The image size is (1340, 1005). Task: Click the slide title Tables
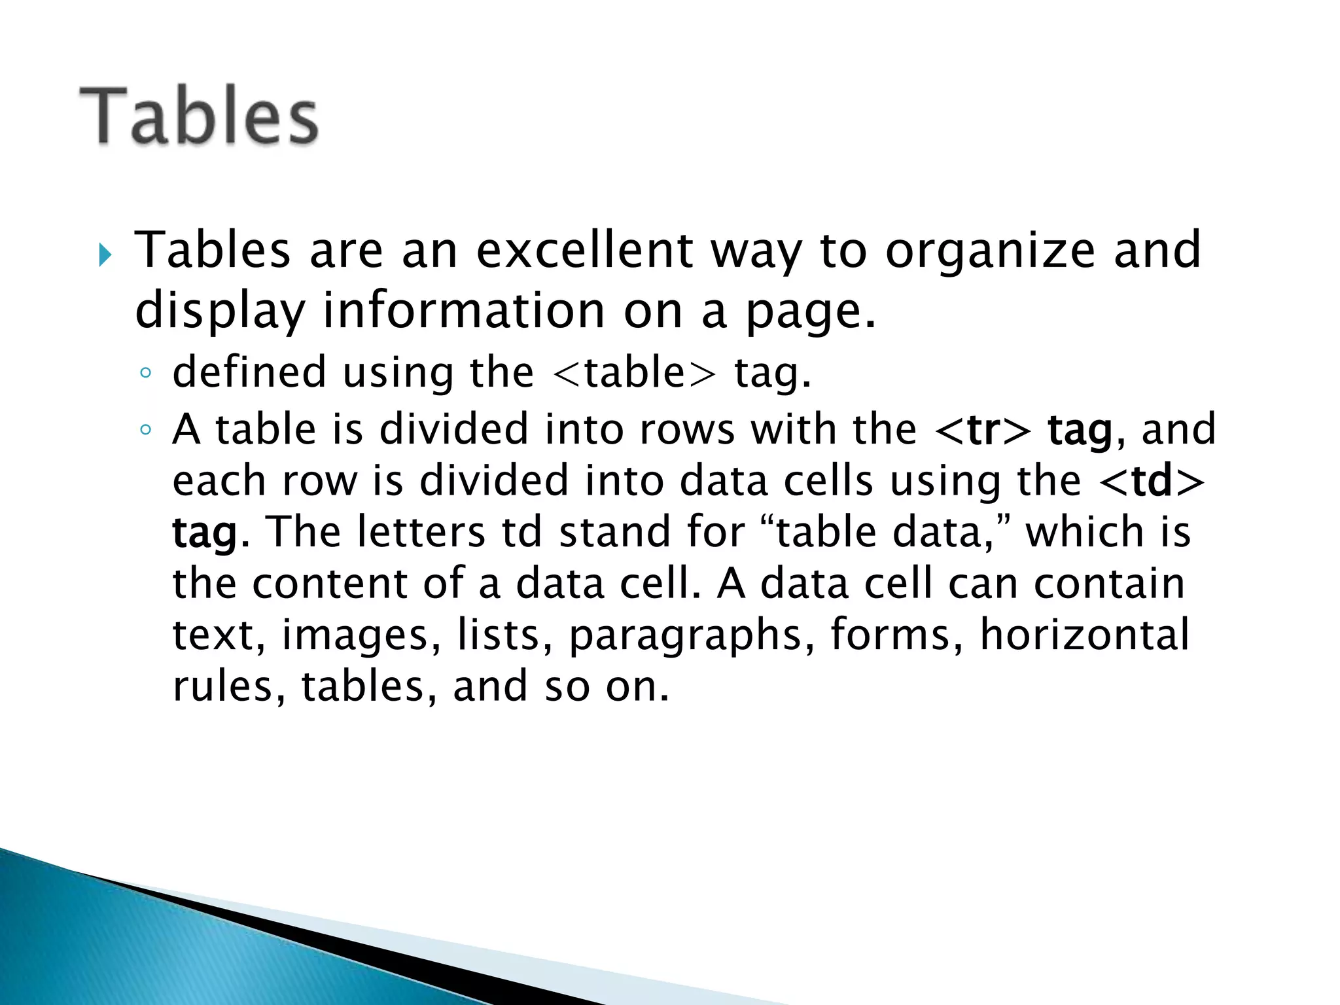[x=199, y=116]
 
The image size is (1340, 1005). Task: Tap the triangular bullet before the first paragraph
[x=105, y=255]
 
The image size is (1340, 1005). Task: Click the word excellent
[x=584, y=250]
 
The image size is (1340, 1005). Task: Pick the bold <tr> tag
[x=983, y=430]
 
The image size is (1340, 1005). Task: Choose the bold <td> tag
[x=1152, y=481]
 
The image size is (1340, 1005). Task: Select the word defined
[x=249, y=372]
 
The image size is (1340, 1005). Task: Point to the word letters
[x=421, y=531]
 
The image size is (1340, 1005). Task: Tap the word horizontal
[x=1084, y=635]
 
